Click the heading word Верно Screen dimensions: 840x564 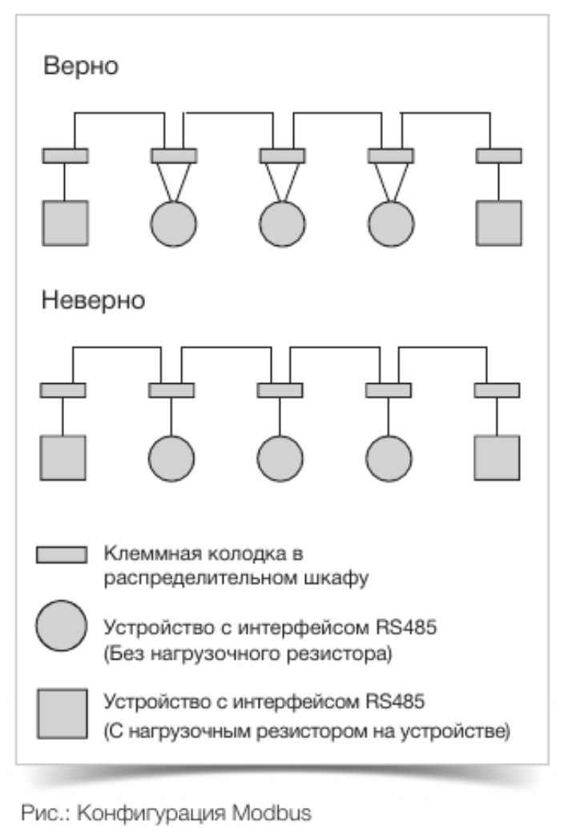81,67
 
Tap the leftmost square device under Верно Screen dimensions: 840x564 66,224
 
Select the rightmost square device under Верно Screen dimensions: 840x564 498,224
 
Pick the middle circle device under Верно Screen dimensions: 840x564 282,224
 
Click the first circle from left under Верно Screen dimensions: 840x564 173,224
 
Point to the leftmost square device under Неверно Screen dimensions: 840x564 62,458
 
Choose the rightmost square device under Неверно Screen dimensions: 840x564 497,458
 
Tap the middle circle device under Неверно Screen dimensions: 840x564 280,458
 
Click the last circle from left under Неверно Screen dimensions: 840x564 389,458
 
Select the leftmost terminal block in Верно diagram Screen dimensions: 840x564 66,155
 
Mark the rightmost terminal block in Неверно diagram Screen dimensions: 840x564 497,390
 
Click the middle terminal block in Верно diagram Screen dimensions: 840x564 282,155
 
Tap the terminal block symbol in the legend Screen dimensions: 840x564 62,555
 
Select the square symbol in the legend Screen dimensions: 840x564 62,713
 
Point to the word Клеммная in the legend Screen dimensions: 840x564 138,554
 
